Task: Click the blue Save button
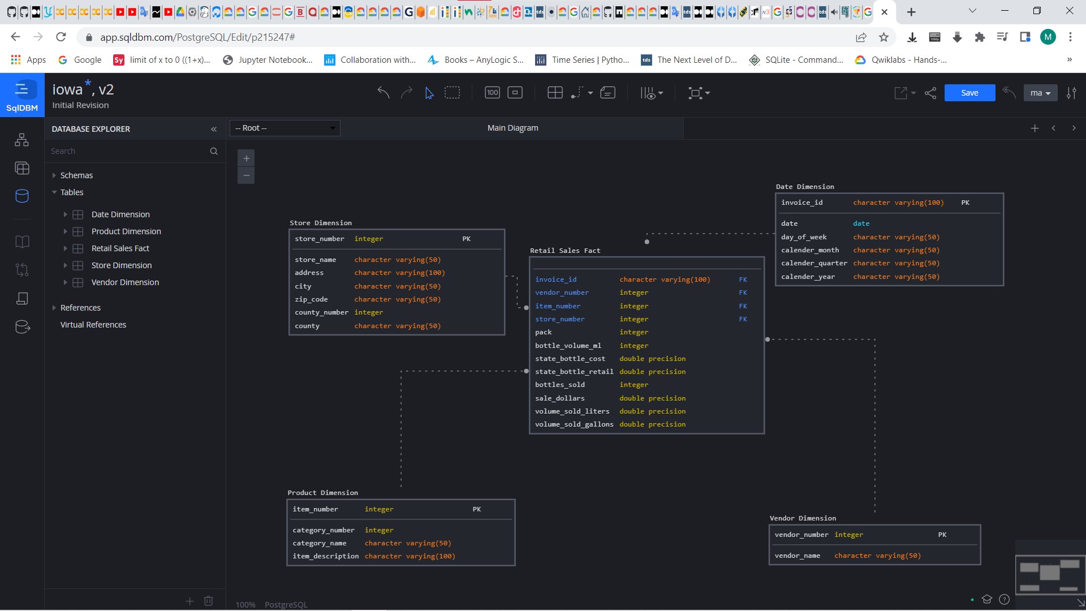[x=969, y=93]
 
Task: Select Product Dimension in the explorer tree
[x=126, y=231]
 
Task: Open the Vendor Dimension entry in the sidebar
[x=125, y=282]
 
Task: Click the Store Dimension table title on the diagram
[x=321, y=223]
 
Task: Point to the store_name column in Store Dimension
[x=315, y=260]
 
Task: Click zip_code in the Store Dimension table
[x=311, y=299]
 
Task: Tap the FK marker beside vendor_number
[x=743, y=292]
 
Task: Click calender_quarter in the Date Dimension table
[x=814, y=263]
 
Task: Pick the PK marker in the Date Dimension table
[x=965, y=203]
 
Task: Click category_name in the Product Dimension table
[x=319, y=543]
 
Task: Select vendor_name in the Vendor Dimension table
[x=797, y=556]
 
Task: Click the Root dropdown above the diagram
[x=285, y=128]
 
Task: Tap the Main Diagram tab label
[x=512, y=128]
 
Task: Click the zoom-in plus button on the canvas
[x=246, y=158]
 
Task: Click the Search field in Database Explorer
[x=127, y=151]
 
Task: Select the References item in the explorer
[x=80, y=308]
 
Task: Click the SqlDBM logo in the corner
[x=22, y=95]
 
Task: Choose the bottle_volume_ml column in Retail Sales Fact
[x=568, y=346]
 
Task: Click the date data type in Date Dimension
[x=861, y=223]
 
